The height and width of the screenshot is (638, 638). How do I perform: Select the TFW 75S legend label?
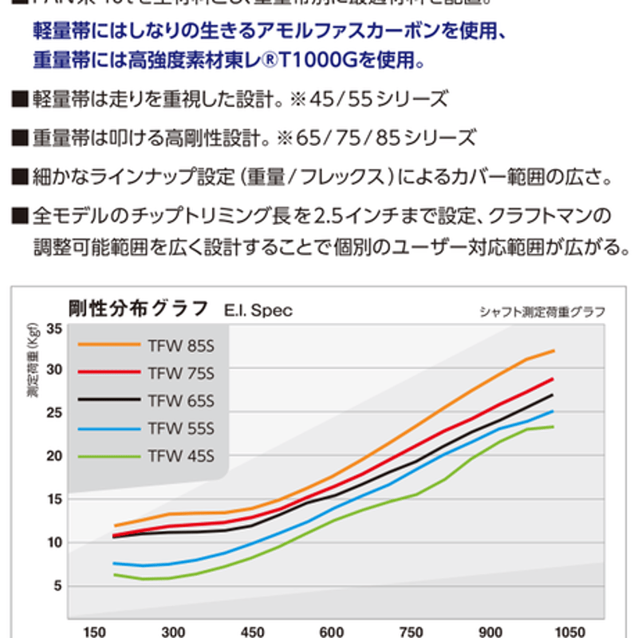coord(181,372)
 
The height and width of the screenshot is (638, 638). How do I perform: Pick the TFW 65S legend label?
coord(181,400)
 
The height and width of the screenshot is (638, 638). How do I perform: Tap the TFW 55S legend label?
coord(181,428)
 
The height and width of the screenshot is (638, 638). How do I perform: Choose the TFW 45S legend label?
coord(181,456)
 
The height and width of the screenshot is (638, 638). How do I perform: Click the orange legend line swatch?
coord(108,345)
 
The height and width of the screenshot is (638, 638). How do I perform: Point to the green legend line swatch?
coord(108,456)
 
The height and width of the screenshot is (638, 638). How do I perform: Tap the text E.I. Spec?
coord(258,310)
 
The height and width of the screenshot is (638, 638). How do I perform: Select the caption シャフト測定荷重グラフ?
coord(542,311)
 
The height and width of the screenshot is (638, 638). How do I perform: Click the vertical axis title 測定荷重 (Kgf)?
coord(32,368)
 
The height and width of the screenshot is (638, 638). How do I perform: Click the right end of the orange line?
coord(553,351)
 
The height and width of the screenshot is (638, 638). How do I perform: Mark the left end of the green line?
coord(116,574)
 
